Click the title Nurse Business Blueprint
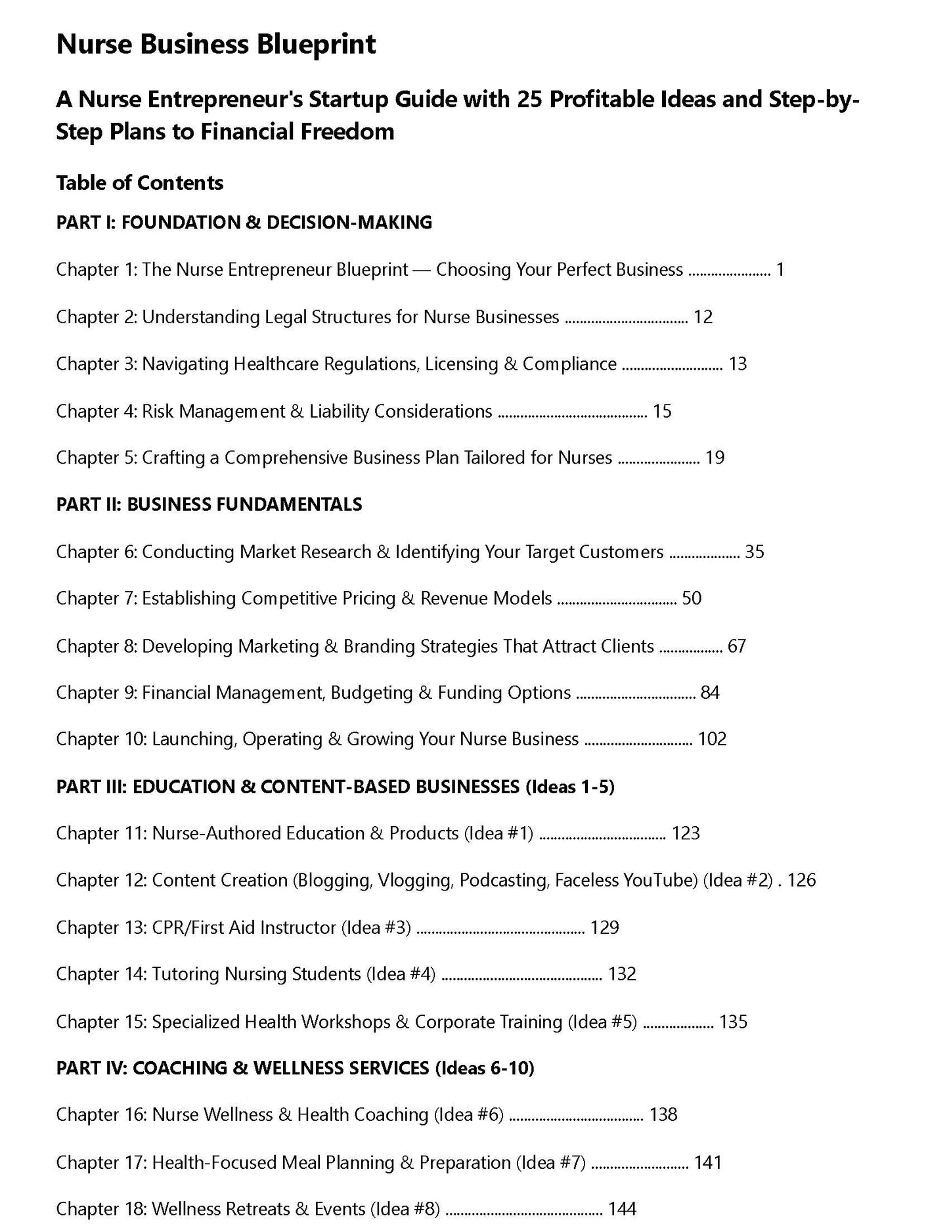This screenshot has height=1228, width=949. point(216,45)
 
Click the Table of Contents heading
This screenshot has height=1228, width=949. point(140,183)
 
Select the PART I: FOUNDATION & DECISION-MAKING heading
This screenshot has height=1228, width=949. point(244,223)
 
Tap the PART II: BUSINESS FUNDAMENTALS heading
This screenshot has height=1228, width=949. point(209,504)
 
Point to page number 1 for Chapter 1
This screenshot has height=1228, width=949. point(780,270)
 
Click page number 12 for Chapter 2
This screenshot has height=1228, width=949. point(703,317)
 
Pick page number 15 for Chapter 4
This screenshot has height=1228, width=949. point(662,412)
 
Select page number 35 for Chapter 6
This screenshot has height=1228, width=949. point(754,552)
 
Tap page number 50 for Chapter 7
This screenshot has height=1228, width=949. point(692,598)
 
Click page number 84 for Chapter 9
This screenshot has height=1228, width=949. point(710,693)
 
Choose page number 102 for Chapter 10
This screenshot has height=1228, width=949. point(712,739)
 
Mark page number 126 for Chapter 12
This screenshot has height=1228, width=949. point(801,881)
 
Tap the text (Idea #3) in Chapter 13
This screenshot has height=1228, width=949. point(376,928)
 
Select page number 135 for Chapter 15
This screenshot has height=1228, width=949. point(733,1022)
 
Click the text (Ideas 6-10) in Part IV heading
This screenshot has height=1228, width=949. point(484,1068)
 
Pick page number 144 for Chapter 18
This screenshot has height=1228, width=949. point(622,1209)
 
